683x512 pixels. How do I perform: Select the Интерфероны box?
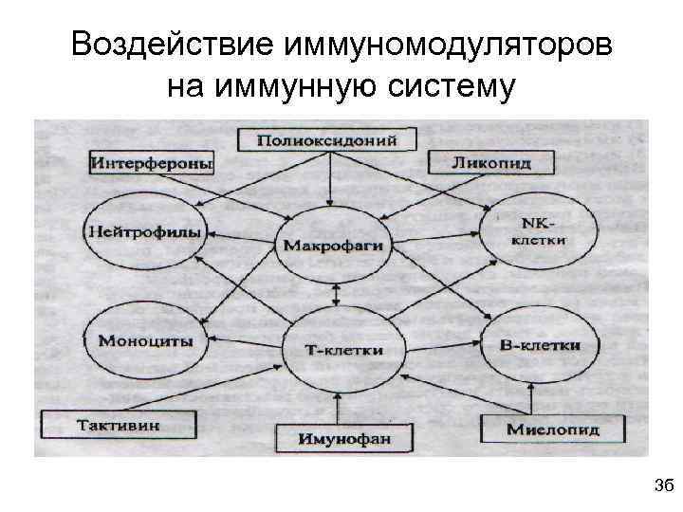click(152, 163)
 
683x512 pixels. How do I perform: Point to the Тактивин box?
click(120, 424)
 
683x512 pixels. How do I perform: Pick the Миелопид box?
click(552, 429)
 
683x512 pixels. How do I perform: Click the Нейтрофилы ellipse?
click(143, 231)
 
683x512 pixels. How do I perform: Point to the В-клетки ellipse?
click(539, 344)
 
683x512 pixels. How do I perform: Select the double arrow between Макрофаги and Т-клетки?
click(333, 295)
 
